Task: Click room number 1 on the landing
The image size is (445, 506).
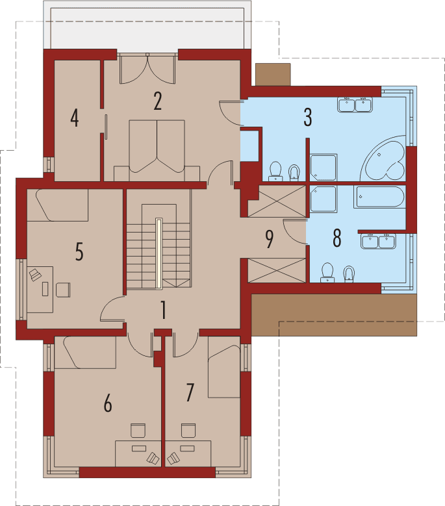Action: (163, 310)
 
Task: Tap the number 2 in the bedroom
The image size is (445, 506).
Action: (157, 101)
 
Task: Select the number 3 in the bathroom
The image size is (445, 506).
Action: (307, 118)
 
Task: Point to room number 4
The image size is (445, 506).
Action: (75, 118)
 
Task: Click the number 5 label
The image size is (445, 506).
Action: (79, 251)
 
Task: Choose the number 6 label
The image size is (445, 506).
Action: (108, 403)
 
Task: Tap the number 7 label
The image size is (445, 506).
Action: (190, 392)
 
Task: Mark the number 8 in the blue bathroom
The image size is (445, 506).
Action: (336, 238)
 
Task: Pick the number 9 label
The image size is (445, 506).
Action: (270, 238)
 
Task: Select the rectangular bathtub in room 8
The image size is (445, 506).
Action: (380, 197)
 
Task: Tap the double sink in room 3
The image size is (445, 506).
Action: (354, 104)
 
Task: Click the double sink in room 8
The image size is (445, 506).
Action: (379, 241)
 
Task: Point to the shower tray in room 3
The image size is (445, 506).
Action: (323, 167)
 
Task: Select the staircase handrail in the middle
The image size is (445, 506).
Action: (158, 253)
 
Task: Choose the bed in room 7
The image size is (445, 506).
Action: (223, 371)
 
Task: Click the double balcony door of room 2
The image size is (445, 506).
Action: (148, 68)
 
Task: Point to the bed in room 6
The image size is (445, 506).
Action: (85, 353)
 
